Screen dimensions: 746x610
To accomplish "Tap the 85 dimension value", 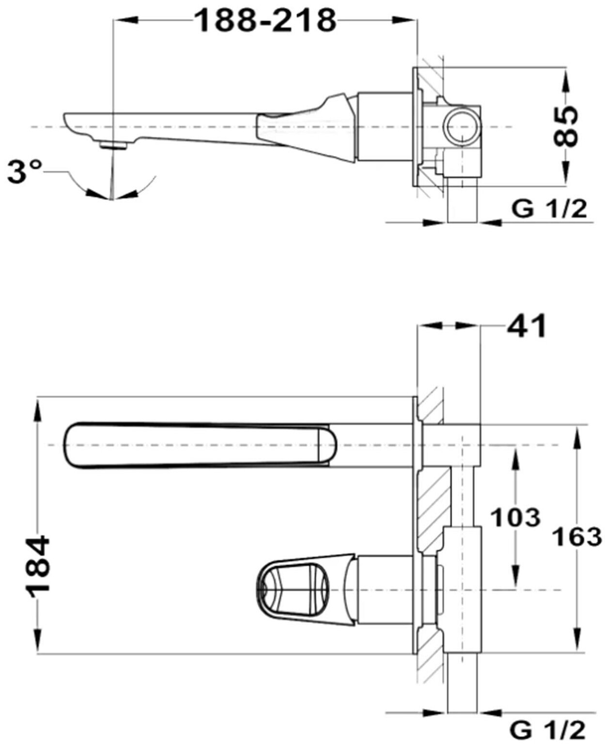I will pos(566,126).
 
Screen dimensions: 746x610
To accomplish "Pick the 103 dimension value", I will pos(515,518).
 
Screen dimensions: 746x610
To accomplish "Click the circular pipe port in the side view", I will pos(462,126).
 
